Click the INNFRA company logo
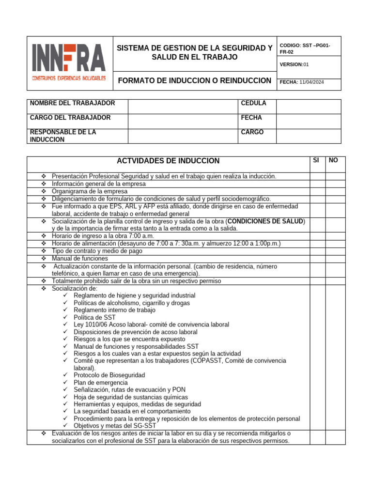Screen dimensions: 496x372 pyautogui.click(x=68, y=62)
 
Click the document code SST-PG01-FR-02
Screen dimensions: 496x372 pyautogui.click(x=305, y=48)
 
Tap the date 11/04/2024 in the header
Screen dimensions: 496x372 pyautogui.click(x=311, y=82)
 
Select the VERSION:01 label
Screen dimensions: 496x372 pyautogui.click(x=294, y=64)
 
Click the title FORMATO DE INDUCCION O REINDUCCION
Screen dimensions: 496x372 pyautogui.click(x=195, y=80)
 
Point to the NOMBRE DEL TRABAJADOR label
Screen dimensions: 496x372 pyautogui.click(x=73, y=103)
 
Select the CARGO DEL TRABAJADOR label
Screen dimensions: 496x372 pyautogui.click(x=70, y=118)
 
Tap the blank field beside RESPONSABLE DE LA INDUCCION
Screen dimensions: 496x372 pyautogui.click(x=183, y=136)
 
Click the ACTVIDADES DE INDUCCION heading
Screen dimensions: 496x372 pyautogui.click(x=168, y=161)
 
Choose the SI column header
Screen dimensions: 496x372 pyautogui.click(x=316, y=160)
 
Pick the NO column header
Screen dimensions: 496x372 pyautogui.click(x=333, y=160)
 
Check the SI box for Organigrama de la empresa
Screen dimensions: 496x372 pyautogui.click(x=317, y=191)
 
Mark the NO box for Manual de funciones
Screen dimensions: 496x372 pyautogui.click(x=335, y=259)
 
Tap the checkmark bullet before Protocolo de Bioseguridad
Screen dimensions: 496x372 pyautogui.click(x=66, y=375)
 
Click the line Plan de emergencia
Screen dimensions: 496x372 pyautogui.click(x=101, y=383)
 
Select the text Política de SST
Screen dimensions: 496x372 pyautogui.click(x=94, y=317)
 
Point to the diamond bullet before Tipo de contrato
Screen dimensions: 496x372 pyautogui.click(x=43, y=251)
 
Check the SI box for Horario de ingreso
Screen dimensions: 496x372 pyautogui.click(x=317, y=236)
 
